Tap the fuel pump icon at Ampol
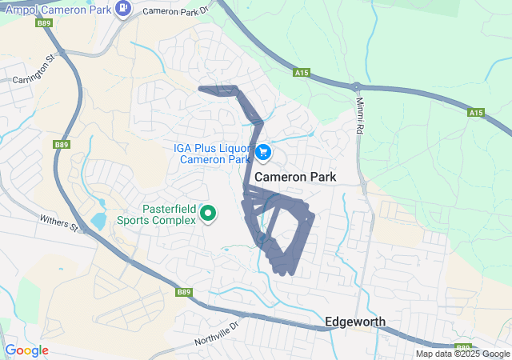(122, 9)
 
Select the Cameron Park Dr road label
(174, 10)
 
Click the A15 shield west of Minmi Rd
(301, 73)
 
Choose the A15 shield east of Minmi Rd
(476, 113)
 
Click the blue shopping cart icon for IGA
(263, 151)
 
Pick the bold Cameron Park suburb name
(295, 176)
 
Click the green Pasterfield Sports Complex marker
(208, 213)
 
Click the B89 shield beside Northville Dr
(184, 292)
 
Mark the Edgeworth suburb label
(355, 322)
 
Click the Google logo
(26, 350)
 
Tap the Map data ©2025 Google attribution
(462, 354)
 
